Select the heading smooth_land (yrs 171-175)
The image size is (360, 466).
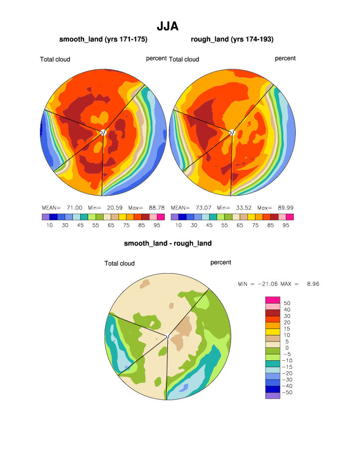(x=103, y=39)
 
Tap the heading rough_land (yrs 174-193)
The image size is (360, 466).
(x=232, y=39)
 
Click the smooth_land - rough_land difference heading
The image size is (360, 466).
(x=168, y=243)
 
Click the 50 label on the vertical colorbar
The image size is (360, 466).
(x=287, y=303)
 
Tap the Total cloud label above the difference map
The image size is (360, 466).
(x=120, y=263)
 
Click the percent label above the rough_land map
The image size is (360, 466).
(x=285, y=58)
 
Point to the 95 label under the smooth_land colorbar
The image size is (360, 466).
(x=157, y=225)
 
